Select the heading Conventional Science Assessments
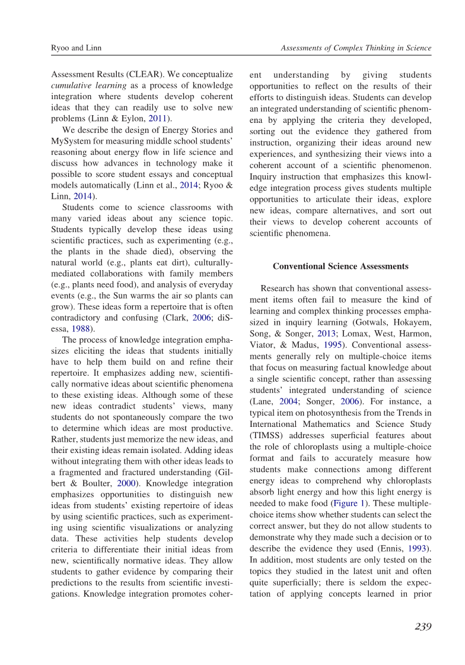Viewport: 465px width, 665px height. (x=340, y=266)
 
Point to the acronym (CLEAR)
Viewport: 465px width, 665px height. (x=147, y=75)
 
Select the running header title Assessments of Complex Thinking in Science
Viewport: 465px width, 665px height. (x=356, y=47)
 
